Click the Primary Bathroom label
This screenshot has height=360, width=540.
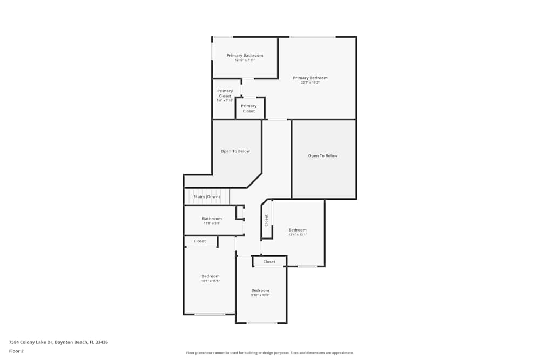coord(245,56)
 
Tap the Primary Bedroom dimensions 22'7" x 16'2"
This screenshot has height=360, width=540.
coord(310,83)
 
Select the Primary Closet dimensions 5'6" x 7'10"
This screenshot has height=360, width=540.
coord(225,101)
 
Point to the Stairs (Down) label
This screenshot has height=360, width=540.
coord(207,197)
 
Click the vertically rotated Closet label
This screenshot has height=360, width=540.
coord(266,220)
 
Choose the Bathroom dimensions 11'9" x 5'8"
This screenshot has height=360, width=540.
coord(212,223)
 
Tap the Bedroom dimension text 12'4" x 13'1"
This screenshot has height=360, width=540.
coord(298,234)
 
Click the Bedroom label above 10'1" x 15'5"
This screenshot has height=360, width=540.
coord(211,276)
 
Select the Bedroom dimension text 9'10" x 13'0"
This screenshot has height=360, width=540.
coord(260,295)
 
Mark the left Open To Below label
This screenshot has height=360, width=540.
coord(235,151)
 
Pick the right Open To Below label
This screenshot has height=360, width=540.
coord(323,156)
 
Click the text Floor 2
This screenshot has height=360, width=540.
coord(16,351)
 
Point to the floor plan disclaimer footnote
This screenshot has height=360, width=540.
coord(270,353)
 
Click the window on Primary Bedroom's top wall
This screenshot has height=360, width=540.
coord(312,37)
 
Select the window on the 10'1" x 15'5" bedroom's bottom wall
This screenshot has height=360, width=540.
coord(210,315)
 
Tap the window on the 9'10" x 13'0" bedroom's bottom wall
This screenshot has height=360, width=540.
coord(262,323)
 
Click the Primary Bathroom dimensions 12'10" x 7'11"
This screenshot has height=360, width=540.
coord(245,60)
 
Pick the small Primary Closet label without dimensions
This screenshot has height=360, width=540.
coord(249,108)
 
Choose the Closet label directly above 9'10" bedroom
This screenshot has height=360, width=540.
coord(269,262)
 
